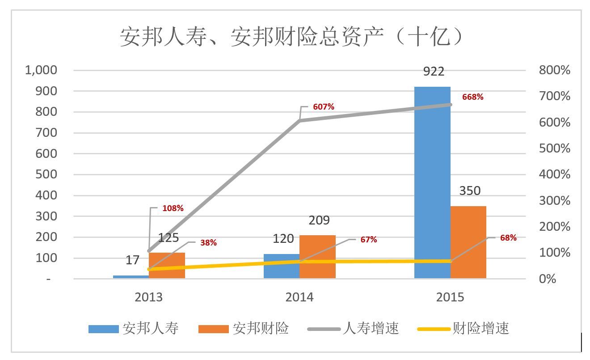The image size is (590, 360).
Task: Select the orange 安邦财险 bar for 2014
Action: point(317,257)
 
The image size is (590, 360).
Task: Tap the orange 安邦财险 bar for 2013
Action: point(167,266)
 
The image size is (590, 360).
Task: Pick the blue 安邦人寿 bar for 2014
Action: point(281,267)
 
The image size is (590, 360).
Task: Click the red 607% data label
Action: point(324,107)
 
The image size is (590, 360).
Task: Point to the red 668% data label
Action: point(472,97)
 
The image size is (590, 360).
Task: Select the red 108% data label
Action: point(173,208)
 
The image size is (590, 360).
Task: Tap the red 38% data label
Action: point(208,243)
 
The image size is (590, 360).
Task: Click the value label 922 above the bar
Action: point(433,72)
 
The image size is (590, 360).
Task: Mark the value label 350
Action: point(470,191)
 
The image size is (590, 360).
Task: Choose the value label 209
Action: point(319,220)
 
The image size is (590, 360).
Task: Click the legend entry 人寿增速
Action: point(371,329)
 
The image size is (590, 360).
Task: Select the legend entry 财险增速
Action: point(480,329)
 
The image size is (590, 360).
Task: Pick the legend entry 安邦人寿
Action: point(150,329)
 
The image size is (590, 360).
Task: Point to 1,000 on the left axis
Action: point(41,70)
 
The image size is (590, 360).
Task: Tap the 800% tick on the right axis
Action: point(554,70)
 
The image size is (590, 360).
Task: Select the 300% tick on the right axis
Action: point(554,201)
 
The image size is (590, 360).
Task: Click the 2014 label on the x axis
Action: point(299,297)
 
